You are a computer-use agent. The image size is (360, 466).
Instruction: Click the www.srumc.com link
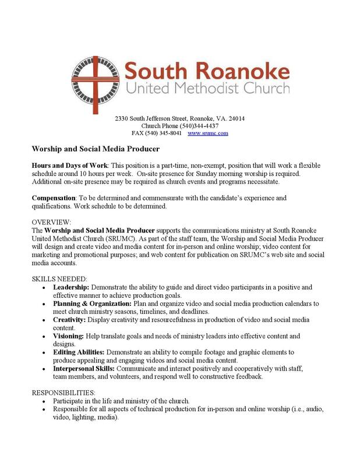pyautogui.click(x=208, y=133)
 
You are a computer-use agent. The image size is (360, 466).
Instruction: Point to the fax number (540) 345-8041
pyautogui.click(x=164, y=133)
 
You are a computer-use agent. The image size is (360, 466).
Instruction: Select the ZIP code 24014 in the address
pyautogui.click(x=236, y=118)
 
